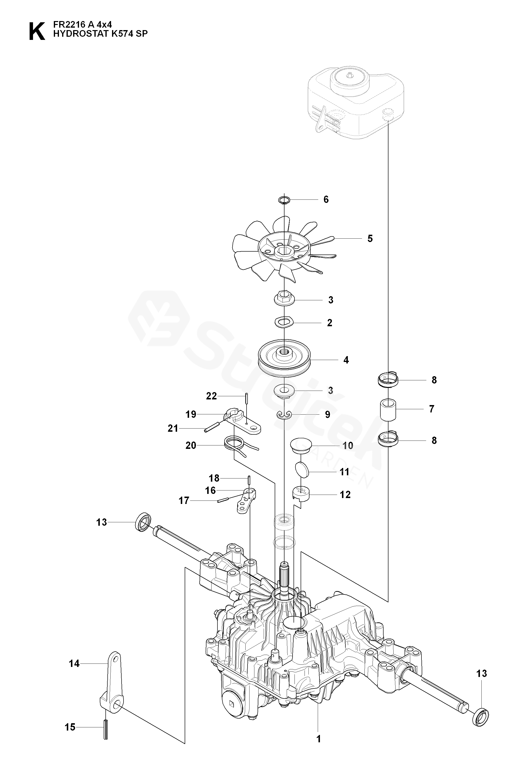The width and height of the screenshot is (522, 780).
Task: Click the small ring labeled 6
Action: [x=284, y=200]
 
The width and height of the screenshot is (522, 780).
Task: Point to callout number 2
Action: [x=329, y=323]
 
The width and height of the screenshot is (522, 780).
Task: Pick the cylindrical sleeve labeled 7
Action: [x=388, y=409]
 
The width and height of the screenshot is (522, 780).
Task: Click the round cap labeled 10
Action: [x=300, y=446]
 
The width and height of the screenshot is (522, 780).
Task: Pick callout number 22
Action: [x=211, y=396]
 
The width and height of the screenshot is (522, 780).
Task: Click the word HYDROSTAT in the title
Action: [x=76, y=33]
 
